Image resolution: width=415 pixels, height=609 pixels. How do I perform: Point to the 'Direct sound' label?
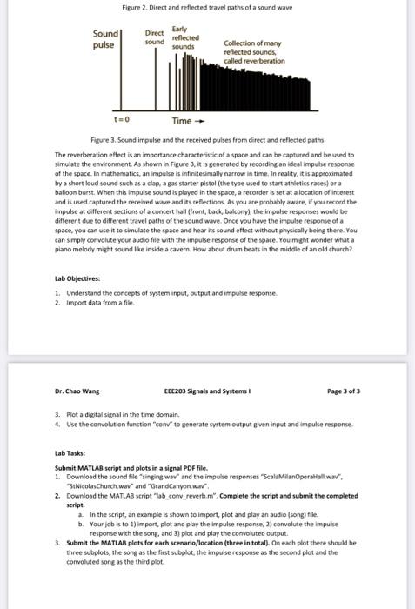tap(154, 37)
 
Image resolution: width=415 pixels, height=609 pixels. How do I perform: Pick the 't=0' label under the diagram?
tap(122, 120)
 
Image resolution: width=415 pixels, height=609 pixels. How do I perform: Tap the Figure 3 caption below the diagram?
tap(206, 139)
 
